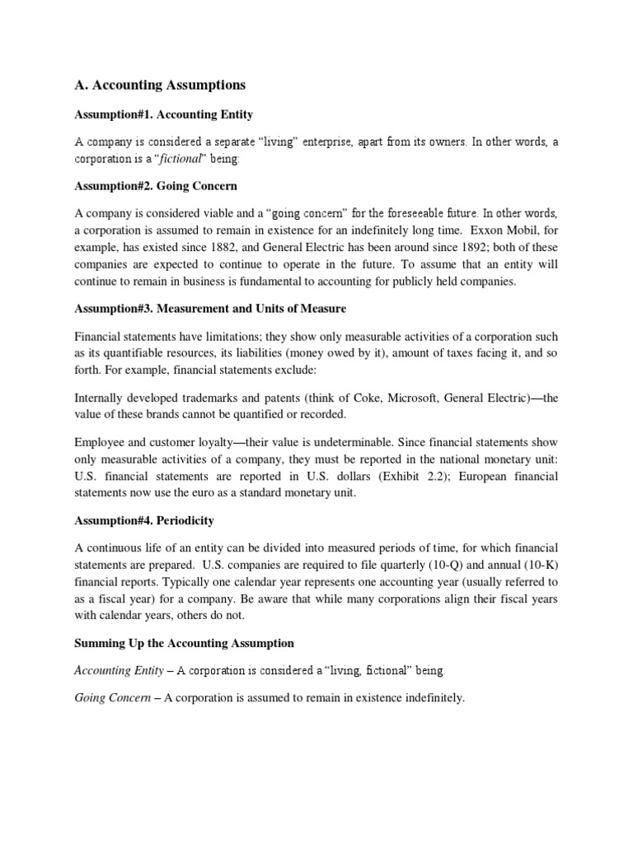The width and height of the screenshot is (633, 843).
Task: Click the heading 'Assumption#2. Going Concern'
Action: [x=155, y=186]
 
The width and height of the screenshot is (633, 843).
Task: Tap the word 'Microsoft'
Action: [x=409, y=398]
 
